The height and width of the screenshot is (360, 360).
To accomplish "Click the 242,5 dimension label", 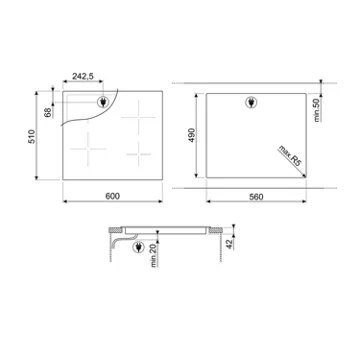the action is (83, 76).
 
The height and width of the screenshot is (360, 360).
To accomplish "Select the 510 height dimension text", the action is (32, 136).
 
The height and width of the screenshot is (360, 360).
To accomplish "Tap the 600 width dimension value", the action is (112, 196).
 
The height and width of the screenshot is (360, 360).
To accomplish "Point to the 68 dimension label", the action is (49, 113).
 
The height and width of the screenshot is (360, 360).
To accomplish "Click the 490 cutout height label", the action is (191, 135).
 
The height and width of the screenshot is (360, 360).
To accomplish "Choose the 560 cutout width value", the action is (256, 197).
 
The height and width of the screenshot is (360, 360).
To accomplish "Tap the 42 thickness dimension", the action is (231, 244).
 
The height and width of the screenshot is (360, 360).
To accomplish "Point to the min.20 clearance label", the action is (154, 255).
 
